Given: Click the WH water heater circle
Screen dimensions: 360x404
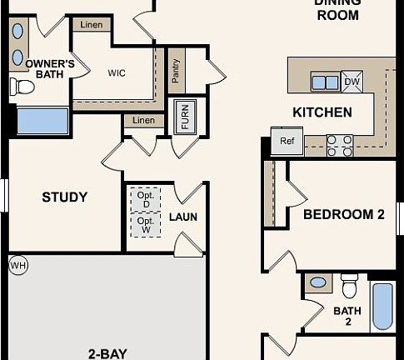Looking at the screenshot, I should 17,266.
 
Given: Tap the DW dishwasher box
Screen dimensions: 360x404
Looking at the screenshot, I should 352,81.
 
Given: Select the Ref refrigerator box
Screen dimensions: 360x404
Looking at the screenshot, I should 287,142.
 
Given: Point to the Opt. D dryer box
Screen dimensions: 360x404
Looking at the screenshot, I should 147,199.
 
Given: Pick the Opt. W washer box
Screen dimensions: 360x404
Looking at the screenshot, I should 147,225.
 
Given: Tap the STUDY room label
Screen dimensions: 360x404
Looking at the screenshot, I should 65,197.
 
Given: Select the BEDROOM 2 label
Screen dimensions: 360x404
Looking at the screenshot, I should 343,214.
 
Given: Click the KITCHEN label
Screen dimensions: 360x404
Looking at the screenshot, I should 322,112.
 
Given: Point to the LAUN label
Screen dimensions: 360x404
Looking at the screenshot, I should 182,217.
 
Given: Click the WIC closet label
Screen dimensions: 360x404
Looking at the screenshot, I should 117,72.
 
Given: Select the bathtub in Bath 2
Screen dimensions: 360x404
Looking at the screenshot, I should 382,307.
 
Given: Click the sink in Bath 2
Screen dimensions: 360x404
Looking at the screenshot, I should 318,282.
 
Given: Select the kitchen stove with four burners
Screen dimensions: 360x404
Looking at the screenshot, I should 339,145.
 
